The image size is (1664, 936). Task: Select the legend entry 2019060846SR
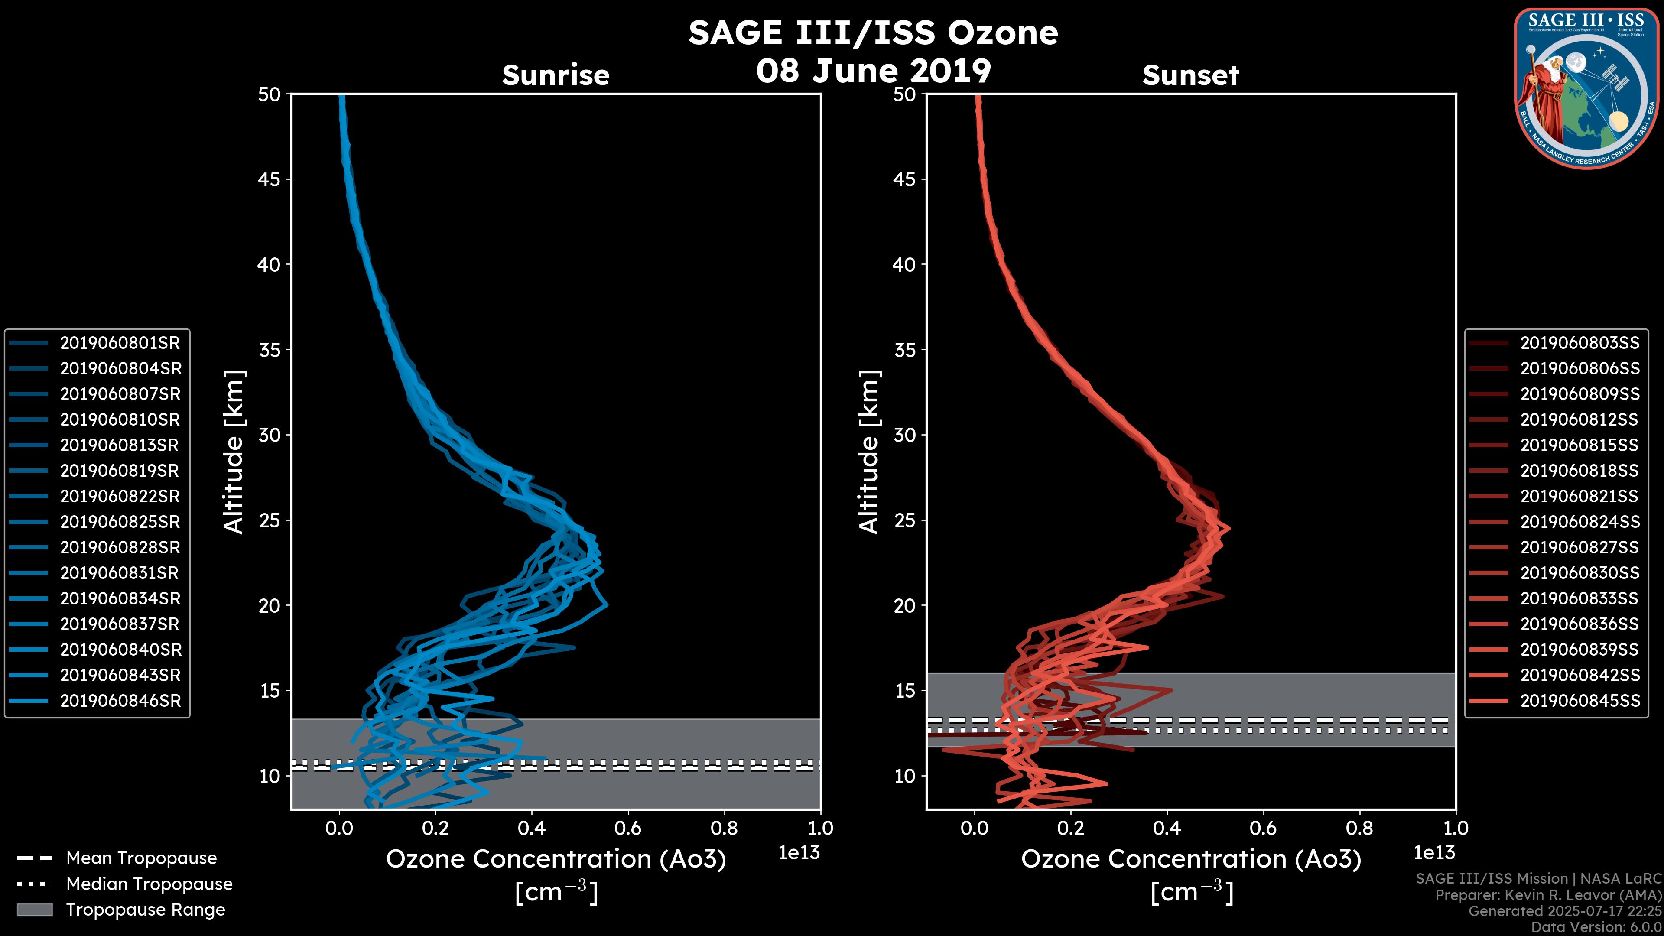[120, 701]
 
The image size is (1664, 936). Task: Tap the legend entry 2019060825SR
[120, 522]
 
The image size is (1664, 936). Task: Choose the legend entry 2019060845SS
[1579, 701]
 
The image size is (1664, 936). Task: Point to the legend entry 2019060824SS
[1579, 522]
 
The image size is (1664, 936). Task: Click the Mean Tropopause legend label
[141, 858]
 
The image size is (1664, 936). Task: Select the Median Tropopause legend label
[149, 884]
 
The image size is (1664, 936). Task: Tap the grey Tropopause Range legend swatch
[34, 910]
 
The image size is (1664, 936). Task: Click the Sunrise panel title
[556, 75]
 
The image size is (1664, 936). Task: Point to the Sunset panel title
[1190, 75]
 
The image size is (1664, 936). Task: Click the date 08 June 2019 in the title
[873, 70]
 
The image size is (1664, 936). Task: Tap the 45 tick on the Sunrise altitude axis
[269, 179]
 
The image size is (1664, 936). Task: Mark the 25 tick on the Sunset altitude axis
[904, 520]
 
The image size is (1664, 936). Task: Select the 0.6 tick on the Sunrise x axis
[628, 828]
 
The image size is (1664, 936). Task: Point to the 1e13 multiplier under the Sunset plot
[1434, 853]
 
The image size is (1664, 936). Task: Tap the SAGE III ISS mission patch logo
[1586, 87]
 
